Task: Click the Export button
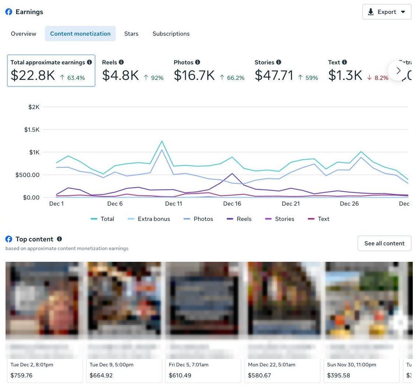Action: coord(386,12)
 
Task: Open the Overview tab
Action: coord(24,34)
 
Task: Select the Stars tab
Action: coord(131,34)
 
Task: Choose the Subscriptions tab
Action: coord(171,34)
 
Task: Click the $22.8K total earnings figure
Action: coord(33,75)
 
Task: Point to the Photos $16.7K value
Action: coord(194,75)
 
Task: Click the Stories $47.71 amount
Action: coord(274,75)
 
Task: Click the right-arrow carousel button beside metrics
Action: coord(398,70)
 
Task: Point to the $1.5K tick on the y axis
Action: coord(32,130)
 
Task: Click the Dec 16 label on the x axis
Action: coord(232,204)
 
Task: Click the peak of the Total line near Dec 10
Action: coord(162,141)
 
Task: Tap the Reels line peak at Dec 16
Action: coord(232,173)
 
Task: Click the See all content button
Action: coord(384,243)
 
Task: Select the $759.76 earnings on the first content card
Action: coord(21,376)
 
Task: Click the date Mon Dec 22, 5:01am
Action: coord(271,365)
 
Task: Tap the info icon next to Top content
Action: coord(59,239)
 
